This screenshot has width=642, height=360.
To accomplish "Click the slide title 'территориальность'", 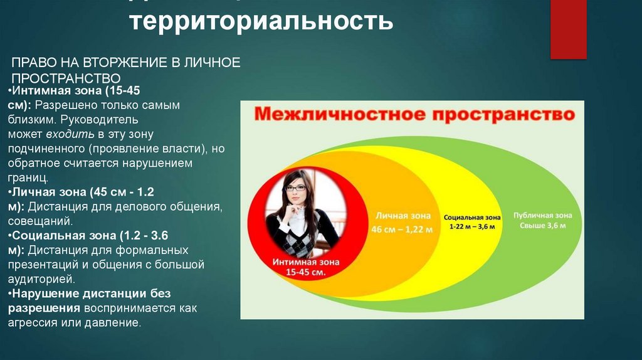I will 262,23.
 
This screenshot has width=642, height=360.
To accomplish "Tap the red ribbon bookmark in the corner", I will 568,28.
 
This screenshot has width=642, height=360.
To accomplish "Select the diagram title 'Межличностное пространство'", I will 414,115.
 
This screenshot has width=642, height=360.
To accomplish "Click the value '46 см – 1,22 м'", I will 401,230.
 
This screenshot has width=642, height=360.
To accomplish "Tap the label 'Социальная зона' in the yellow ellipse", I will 473,216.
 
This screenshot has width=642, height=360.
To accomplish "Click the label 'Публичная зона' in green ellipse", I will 543,214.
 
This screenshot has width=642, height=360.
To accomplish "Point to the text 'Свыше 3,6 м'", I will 543,225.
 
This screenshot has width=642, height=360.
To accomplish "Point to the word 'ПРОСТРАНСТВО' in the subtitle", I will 66,78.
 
